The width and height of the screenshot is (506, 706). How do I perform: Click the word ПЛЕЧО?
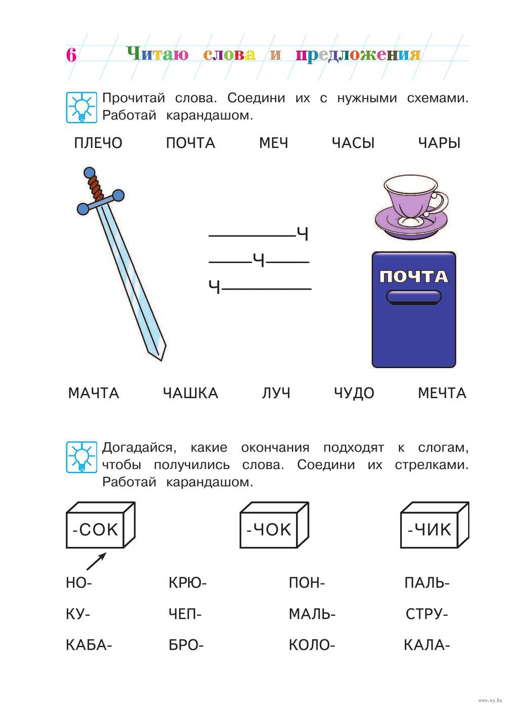[x=98, y=143]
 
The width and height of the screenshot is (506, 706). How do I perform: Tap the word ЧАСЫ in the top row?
[x=353, y=143]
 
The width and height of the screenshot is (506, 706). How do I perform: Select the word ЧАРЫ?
[x=439, y=143]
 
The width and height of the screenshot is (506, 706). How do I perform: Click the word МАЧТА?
[x=94, y=394]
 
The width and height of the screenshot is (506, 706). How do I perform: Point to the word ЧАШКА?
[x=190, y=394]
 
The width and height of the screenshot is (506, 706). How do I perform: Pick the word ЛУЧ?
[x=276, y=394]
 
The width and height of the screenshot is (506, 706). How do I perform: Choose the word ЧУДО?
[x=354, y=394]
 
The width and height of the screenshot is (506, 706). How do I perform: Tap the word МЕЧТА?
[x=442, y=394]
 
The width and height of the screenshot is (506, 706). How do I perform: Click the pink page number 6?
[x=71, y=55]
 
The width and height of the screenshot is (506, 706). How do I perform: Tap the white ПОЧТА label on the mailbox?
[x=414, y=277]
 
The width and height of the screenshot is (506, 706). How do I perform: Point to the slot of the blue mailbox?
[x=414, y=297]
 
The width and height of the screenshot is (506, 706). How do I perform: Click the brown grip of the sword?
[x=96, y=188]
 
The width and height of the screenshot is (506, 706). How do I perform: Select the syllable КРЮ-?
[x=187, y=583]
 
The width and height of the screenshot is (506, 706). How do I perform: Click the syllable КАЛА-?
[x=427, y=645]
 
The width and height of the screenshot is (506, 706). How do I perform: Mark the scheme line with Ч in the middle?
[x=259, y=261]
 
